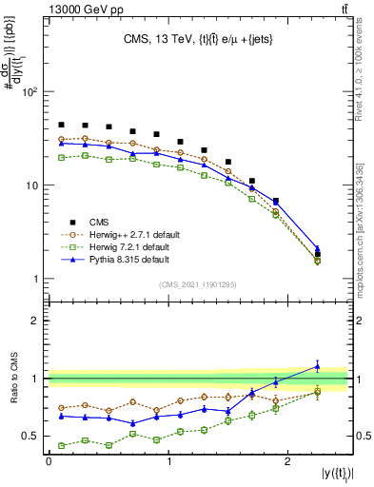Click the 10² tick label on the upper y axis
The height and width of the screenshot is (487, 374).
29,92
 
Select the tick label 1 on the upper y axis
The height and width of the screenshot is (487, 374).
33,279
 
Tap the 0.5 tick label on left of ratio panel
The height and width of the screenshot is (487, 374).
29,437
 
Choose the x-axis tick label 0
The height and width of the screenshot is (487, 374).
49,462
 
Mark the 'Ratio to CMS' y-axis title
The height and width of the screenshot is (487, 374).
13,390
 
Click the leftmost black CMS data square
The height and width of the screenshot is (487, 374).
61,125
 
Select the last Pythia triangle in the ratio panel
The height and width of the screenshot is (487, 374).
318,365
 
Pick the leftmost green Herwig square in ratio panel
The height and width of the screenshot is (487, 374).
61,445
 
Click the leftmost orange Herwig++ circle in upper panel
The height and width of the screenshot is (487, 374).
61,139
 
